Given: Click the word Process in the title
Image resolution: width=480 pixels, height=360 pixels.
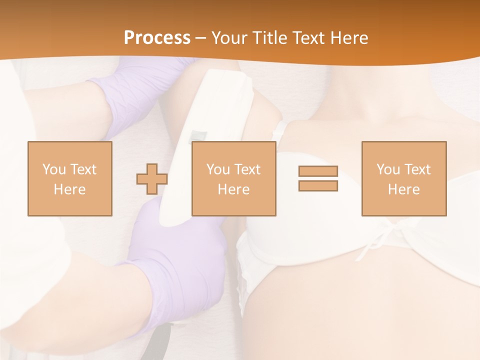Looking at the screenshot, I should tap(157, 38).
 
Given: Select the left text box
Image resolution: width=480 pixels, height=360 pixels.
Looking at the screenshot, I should tap(70, 179).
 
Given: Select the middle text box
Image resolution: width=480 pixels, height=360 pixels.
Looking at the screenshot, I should tap(234, 179).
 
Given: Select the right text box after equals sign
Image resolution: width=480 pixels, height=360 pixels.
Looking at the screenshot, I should tap(404, 179).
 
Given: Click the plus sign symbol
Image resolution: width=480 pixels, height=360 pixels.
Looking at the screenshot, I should tap(152, 179).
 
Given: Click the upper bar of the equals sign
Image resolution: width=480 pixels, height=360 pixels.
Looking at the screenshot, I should tap(318, 171).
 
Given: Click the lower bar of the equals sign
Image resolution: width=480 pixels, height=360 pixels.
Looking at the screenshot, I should tap(318, 186).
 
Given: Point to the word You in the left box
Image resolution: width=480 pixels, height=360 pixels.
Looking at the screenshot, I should tap(53, 169).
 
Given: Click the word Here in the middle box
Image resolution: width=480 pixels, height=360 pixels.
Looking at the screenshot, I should tap(234, 189).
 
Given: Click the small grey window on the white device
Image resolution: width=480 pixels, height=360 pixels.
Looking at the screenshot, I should tap(198, 135).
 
